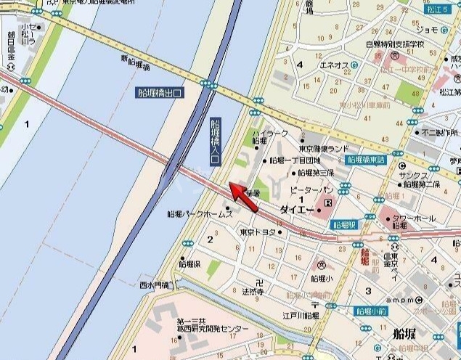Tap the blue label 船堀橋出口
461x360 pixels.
(160, 92)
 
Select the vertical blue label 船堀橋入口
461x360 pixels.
(214, 142)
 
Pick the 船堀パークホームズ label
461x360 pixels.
(199, 214)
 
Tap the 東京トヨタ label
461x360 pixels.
(258, 232)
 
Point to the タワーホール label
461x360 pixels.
(414, 218)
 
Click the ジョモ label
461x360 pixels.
(428, 30)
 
